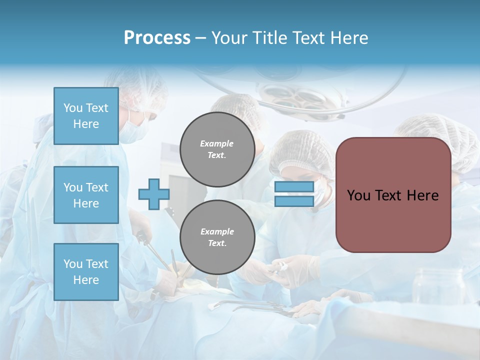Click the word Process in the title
(157, 38)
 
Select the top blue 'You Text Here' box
(86, 116)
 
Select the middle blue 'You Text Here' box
(86, 195)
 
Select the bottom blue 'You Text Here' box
(86, 272)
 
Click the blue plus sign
(154, 194)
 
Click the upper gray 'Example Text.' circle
(217, 149)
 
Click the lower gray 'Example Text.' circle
(217, 237)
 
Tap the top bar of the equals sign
(294, 187)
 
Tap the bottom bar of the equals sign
(294, 201)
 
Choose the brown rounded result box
(393, 220)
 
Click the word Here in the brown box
(423, 195)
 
